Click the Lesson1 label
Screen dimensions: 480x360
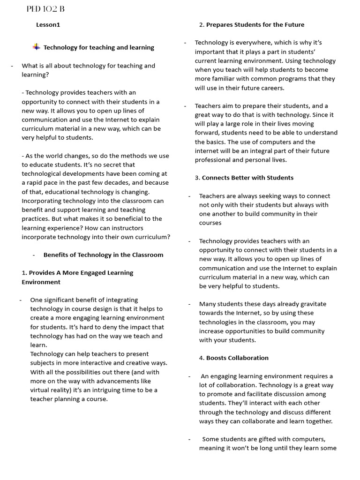tap(48, 25)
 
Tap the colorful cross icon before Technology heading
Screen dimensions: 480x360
tap(36, 47)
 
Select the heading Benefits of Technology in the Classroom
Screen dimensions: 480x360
tap(103, 255)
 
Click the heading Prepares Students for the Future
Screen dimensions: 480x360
tap(255, 25)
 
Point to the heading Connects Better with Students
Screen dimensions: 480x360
tap(247, 178)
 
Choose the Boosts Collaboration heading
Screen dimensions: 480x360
tap(237, 358)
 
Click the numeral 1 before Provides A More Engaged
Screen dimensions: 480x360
tap(23, 273)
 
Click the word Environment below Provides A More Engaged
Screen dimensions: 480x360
tap(41, 282)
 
